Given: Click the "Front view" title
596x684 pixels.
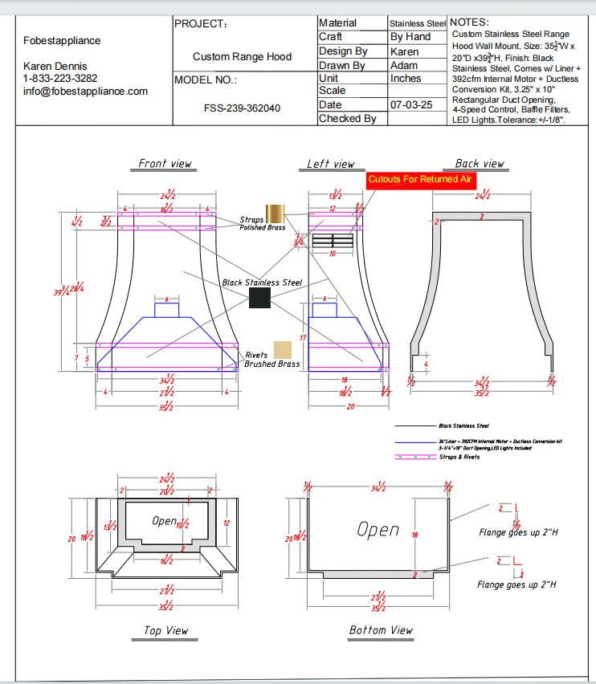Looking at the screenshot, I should click(165, 164).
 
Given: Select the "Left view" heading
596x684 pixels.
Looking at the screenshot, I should click(330, 164).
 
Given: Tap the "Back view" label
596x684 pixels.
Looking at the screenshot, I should click(480, 164).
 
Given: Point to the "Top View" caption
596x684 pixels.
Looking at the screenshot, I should click(165, 631).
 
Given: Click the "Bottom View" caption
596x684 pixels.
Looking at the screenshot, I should click(381, 630).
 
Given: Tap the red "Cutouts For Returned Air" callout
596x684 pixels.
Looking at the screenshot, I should click(419, 180).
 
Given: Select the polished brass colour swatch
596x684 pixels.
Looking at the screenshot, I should click(276, 213).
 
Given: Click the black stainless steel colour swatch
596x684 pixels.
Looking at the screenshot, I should click(259, 298).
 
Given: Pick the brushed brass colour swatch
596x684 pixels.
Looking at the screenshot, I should click(282, 349).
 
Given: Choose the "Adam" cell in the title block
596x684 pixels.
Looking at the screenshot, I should click(403, 65).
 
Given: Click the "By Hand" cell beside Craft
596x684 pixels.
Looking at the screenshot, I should click(410, 37).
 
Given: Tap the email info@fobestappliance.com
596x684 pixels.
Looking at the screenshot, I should click(85, 92).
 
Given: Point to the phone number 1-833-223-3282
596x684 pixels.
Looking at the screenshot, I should click(60, 79).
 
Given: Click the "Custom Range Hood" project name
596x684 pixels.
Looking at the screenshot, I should click(242, 57).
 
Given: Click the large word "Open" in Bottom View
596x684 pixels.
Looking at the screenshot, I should click(378, 530).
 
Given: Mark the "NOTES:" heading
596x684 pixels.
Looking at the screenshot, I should click(470, 22).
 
